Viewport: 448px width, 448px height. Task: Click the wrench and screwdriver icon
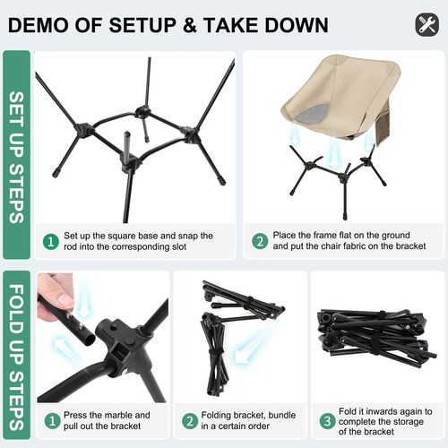427,24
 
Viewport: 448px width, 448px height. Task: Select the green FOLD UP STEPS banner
17,356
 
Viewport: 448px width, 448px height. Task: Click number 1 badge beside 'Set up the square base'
52,241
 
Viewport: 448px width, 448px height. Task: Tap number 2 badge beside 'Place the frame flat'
260,241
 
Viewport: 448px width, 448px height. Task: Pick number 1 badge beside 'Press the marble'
52,420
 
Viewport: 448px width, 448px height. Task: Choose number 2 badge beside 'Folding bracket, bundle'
189,420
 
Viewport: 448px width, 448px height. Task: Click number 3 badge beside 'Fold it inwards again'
327,420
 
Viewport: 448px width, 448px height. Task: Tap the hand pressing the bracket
55,295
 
